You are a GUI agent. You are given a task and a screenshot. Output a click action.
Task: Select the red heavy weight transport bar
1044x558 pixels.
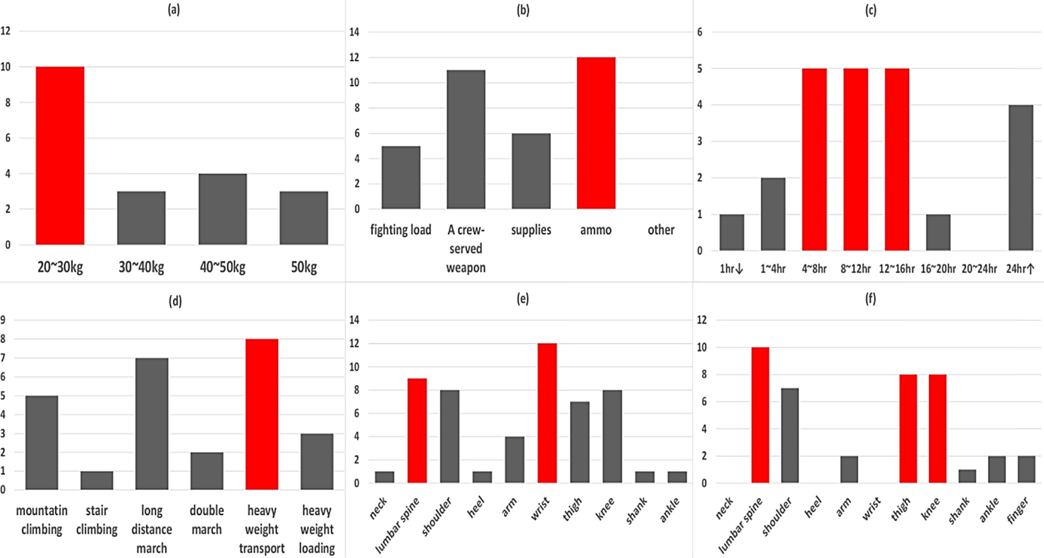(262, 414)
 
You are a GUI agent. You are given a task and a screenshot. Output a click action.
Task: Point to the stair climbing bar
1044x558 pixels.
(97, 480)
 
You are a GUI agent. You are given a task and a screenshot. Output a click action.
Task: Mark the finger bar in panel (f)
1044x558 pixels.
(1026, 469)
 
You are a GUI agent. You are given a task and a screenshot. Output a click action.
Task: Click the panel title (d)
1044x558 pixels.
(175, 301)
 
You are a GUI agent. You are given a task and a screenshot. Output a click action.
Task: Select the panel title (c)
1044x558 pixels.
(871, 10)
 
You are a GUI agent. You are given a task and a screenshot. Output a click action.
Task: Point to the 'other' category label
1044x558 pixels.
(661, 230)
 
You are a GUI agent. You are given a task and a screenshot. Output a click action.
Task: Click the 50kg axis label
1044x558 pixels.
(304, 267)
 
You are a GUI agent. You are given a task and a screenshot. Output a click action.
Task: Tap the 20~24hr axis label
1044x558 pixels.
(979, 268)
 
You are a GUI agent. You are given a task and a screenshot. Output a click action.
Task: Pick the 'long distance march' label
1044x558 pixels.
(151, 529)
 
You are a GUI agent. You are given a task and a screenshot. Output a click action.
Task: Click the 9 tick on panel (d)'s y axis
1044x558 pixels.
(3, 320)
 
